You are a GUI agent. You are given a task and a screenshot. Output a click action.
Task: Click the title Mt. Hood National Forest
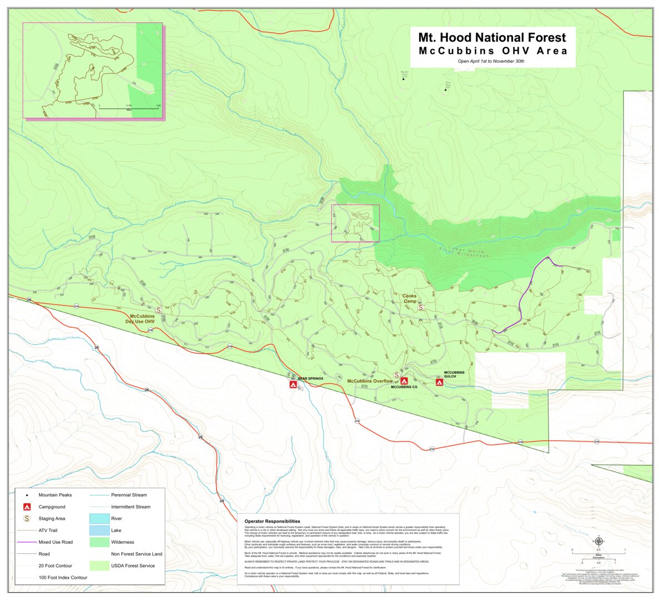(492, 38)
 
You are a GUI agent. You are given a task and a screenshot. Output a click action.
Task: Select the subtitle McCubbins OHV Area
(493, 51)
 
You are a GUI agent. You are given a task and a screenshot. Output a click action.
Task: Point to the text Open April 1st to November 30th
(491, 61)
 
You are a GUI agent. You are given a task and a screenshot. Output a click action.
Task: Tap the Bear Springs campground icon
(293, 384)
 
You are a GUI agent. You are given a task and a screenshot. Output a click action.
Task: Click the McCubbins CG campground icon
(404, 381)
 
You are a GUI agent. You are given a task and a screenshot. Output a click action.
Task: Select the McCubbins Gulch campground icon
(439, 382)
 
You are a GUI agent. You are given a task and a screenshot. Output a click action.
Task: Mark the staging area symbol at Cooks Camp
(421, 307)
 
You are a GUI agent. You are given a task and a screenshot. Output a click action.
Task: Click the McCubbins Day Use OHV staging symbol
(158, 310)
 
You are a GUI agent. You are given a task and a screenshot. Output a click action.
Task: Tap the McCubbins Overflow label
(370, 381)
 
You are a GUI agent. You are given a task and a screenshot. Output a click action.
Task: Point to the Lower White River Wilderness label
(463, 252)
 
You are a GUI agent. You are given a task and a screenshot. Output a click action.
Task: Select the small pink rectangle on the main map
(355, 223)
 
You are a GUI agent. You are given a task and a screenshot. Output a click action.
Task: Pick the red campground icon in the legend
(26, 507)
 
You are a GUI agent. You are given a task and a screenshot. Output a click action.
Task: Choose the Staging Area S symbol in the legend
(26, 519)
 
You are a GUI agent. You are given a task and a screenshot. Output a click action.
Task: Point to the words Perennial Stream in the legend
(129, 495)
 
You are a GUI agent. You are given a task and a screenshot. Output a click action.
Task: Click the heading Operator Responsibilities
(272, 521)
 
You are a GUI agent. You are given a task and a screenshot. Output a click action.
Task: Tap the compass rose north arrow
(598, 541)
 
